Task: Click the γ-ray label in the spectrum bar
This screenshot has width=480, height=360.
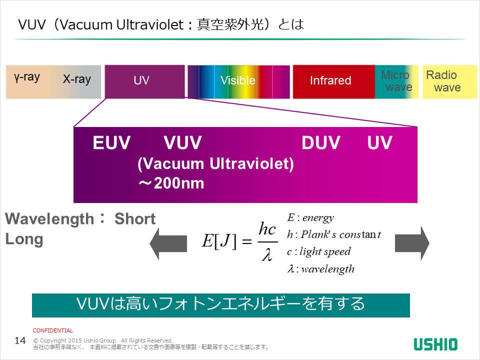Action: click(x=27, y=77)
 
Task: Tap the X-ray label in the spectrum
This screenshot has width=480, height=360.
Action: click(x=77, y=79)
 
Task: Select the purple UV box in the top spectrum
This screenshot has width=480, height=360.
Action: click(x=144, y=81)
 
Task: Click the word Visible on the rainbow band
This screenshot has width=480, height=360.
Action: click(x=238, y=81)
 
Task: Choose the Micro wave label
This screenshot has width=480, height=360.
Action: click(x=397, y=81)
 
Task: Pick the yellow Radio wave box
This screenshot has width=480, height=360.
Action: click(x=448, y=81)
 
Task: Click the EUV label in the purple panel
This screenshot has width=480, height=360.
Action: click(x=111, y=143)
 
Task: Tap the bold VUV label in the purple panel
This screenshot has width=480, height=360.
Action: click(x=182, y=143)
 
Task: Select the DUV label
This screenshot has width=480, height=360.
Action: click(x=320, y=143)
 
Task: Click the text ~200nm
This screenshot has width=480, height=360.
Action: click(x=171, y=183)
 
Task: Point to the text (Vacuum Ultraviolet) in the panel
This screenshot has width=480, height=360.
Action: click(x=215, y=164)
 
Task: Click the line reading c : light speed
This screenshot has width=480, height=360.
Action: click(x=319, y=251)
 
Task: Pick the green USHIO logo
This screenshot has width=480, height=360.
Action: click(x=435, y=344)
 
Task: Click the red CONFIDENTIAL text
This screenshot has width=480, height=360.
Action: click(x=53, y=330)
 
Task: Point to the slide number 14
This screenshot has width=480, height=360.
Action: click(x=20, y=341)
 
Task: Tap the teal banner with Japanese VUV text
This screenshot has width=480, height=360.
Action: click(x=220, y=305)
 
